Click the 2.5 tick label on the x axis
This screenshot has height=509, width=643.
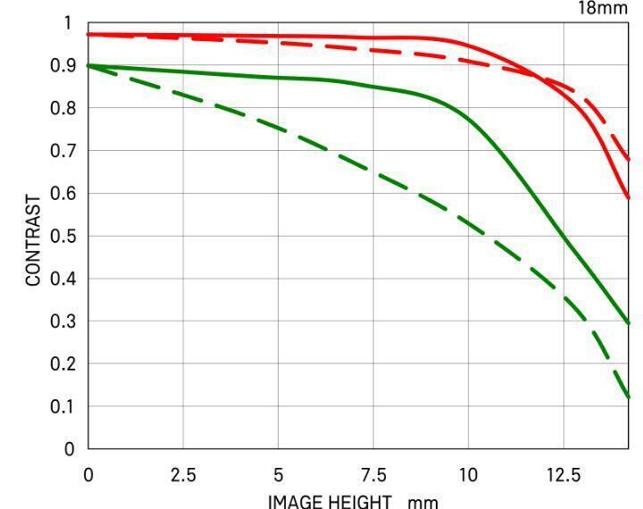click(x=183, y=473)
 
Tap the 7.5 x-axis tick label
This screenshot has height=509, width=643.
click(x=372, y=473)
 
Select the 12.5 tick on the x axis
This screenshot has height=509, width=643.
click(x=563, y=473)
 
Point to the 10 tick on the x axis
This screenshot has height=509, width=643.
click(x=468, y=473)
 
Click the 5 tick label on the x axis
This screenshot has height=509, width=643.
click(x=278, y=473)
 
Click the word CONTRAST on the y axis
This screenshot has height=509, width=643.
click(x=34, y=240)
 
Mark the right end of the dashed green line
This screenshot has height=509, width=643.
click(x=629, y=397)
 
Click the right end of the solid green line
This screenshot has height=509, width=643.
click(x=629, y=322)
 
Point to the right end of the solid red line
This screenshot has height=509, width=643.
click(x=629, y=198)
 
